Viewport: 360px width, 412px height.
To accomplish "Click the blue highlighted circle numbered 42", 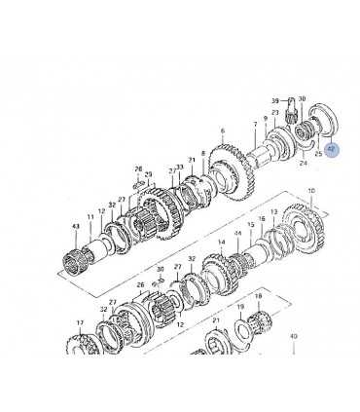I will (332, 150).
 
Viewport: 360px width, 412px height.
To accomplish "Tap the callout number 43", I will (75, 228).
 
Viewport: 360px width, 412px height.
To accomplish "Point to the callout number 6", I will (222, 131).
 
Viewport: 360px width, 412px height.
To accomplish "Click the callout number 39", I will (275, 101).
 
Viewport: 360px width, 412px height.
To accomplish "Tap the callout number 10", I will (310, 191).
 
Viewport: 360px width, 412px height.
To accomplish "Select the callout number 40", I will (293, 336).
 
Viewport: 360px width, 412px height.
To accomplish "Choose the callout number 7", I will (255, 125).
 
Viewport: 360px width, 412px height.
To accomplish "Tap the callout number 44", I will (236, 234).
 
